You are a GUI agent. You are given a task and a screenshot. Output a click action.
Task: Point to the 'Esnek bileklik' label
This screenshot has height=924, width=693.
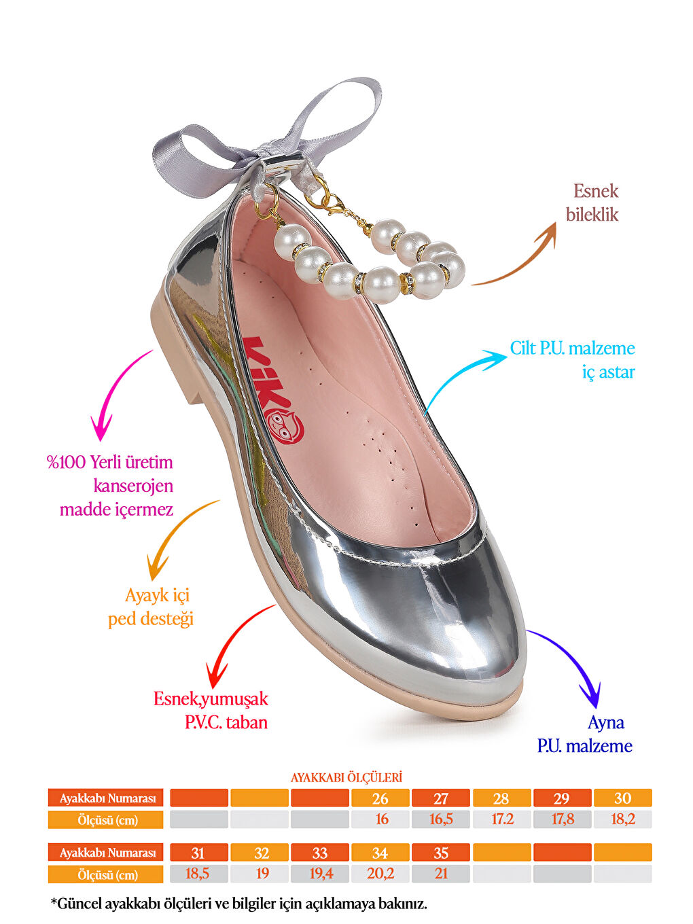[x=592, y=202]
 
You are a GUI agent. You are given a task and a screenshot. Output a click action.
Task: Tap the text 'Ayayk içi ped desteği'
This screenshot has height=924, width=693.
[x=151, y=607]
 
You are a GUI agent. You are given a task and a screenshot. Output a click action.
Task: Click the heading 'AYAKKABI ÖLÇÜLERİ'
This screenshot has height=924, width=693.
[x=346, y=777]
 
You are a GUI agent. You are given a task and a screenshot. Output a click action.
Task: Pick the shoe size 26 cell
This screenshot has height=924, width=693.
[x=380, y=798]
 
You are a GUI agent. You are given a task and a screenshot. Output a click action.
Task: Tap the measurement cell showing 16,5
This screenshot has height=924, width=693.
[x=440, y=819]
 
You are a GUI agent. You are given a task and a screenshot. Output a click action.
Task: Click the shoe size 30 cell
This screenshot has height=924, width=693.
[x=622, y=798]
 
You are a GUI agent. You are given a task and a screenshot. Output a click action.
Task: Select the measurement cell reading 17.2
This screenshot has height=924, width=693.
[x=501, y=819]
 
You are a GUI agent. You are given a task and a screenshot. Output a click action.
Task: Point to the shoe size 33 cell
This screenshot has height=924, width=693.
[x=319, y=853]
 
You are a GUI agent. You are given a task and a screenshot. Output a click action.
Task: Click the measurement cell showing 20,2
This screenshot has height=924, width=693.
[x=380, y=874]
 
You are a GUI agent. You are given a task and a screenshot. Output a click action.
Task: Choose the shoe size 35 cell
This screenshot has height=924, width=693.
[x=440, y=853]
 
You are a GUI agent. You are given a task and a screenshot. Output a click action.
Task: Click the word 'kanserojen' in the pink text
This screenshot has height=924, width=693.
[x=133, y=486]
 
